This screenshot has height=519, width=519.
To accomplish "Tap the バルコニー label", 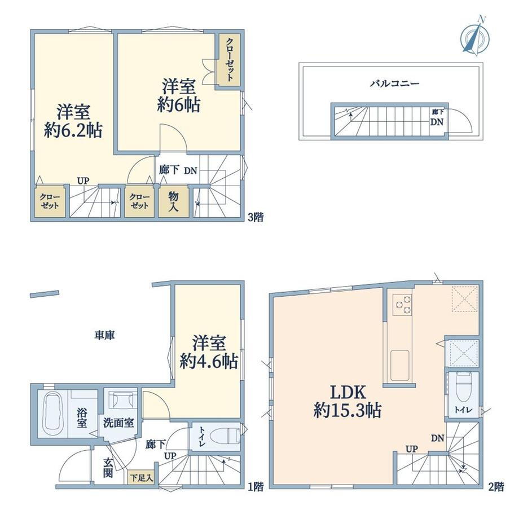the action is pyautogui.click(x=394, y=83).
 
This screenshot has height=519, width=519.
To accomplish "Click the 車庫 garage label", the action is pyautogui.click(x=104, y=335).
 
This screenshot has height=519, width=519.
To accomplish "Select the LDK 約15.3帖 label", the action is pyautogui.click(x=348, y=402).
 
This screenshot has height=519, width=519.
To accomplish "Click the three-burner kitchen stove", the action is pyautogui.click(x=402, y=305).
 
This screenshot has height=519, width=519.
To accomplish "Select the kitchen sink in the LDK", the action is pyautogui.click(x=400, y=366).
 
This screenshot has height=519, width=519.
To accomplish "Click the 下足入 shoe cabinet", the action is pyautogui.click(x=141, y=478).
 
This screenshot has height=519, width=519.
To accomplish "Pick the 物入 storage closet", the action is pyautogui.click(x=173, y=202).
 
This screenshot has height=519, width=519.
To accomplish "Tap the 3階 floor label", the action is pyautogui.click(x=256, y=217).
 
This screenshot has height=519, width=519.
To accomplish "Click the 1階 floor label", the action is pyautogui.click(x=256, y=486).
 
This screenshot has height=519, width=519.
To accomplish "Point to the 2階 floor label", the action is pyautogui.click(x=496, y=486).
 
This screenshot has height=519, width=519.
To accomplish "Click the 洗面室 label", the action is pyautogui.click(x=118, y=423).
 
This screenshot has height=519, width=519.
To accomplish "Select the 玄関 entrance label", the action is pyautogui.click(x=108, y=467).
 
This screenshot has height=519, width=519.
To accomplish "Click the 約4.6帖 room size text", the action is pyautogui.click(x=209, y=361).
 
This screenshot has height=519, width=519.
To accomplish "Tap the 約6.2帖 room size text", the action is pyautogui.click(x=73, y=130).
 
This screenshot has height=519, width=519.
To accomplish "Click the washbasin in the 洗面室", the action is pyautogui.click(x=123, y=400).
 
